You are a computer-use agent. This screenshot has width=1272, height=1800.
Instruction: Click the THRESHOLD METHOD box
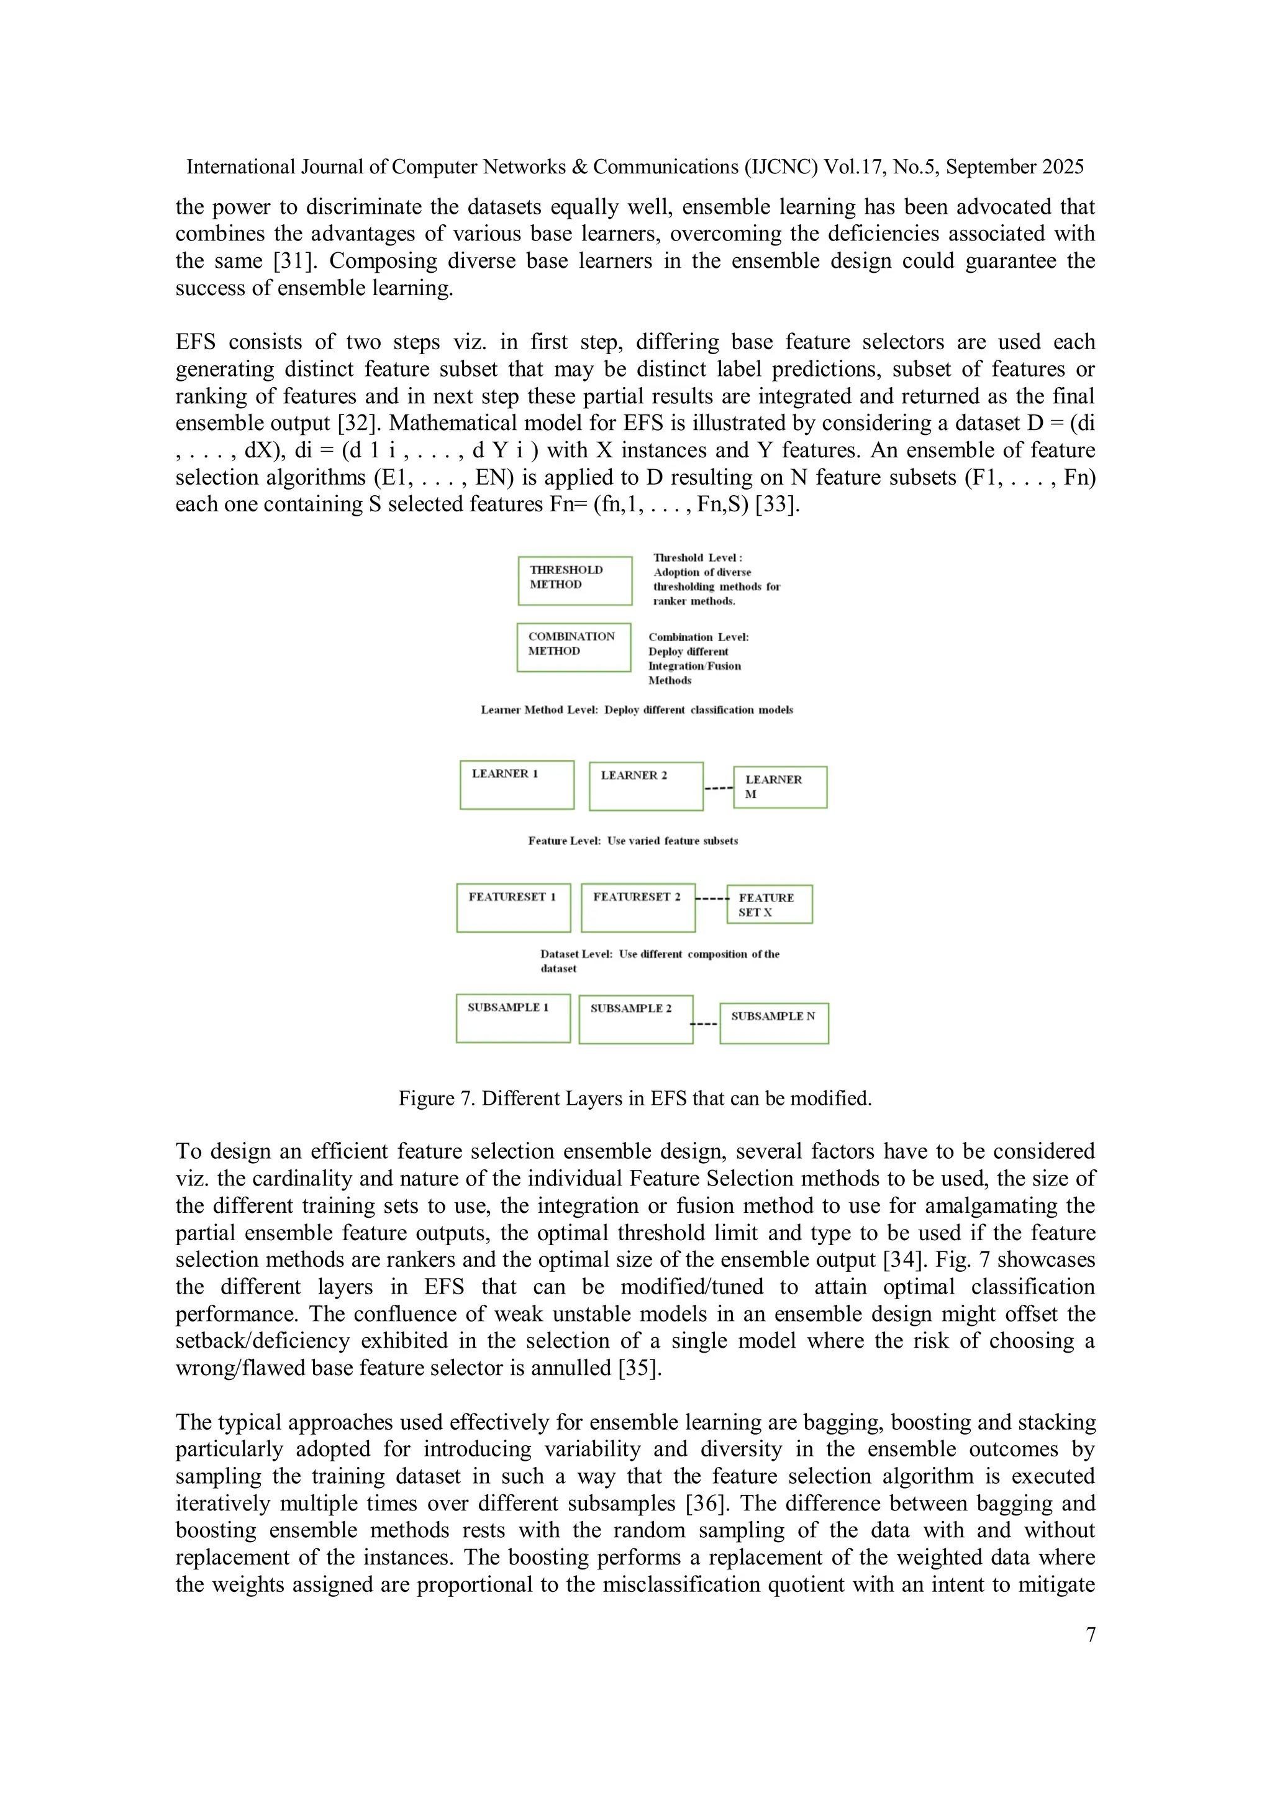(575, 581)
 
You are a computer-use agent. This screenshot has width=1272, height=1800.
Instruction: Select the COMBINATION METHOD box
(574, 647)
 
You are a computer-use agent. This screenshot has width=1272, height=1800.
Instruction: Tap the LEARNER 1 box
(517, 785)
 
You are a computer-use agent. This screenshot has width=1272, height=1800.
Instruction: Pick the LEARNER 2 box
(646, 787)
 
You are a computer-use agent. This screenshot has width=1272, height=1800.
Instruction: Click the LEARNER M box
(780, 787)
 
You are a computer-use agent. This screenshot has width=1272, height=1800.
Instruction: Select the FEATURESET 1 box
(514, 908)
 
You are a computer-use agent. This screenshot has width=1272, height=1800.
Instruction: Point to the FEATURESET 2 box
(638, 908)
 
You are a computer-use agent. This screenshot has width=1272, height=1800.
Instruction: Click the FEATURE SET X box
(769, 905)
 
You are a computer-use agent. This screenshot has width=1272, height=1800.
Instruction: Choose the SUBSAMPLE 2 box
(635, 1019)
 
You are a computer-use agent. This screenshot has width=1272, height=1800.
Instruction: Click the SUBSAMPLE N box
(773, 1023)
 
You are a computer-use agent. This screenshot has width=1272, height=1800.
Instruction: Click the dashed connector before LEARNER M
(718, 787)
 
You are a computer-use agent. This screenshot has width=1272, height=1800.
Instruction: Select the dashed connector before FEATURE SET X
(712, 898)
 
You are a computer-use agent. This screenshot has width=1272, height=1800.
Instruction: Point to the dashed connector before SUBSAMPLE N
(704, 1024)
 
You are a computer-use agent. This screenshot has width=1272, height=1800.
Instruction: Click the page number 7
(1090, 1635)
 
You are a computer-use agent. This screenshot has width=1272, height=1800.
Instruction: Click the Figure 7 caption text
(635, 1099)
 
